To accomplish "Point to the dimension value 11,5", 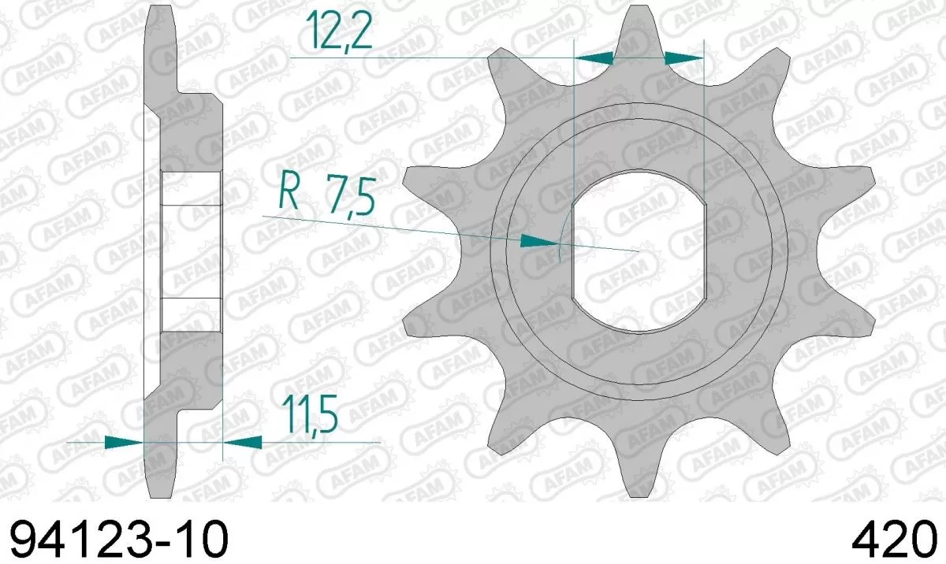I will point(311,417).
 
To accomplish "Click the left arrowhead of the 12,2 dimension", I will point(594,58).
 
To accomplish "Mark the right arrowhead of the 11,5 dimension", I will point(243,442).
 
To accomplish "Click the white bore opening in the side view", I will point(192,251).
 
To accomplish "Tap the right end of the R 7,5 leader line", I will point(639,251).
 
